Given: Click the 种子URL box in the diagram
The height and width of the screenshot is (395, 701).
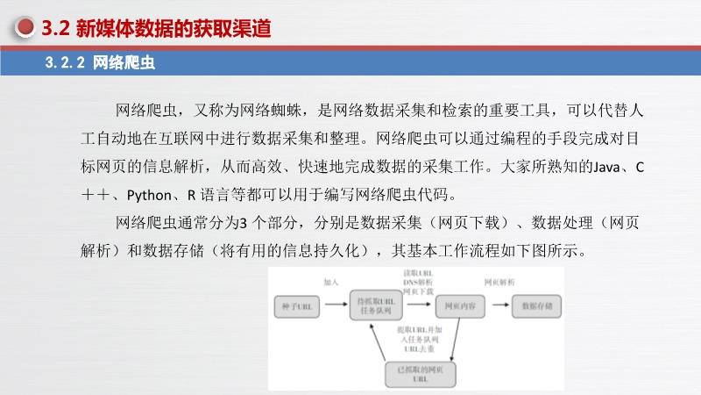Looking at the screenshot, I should tap(296, 305).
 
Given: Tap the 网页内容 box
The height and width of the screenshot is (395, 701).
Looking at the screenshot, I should tap(459, 305).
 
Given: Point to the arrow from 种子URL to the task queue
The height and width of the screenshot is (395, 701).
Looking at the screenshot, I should tap(336, 305).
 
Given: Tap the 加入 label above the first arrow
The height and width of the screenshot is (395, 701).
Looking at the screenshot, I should tap(330, 283).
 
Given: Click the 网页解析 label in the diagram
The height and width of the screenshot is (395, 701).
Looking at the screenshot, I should tap(499, 282).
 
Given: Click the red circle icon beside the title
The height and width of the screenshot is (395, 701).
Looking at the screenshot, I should tap(25, 29).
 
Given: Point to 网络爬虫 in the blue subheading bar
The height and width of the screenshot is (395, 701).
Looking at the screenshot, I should tap(124, 63).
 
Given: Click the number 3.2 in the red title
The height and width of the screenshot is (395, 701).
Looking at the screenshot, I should tap(54, 29).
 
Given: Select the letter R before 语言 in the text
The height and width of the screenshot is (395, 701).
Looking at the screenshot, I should tap(202, 194).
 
